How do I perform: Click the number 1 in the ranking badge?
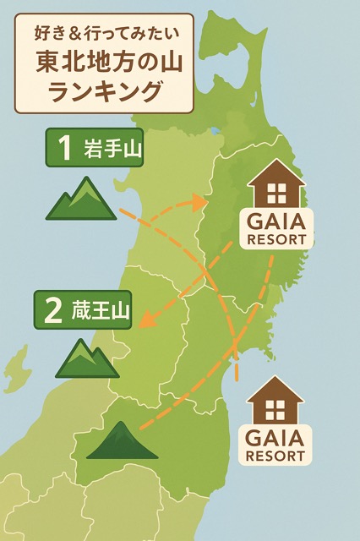[63, 150]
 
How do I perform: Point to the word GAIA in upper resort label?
[279, 222]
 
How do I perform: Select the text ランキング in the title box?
[105, 91]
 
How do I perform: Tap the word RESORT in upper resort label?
[279, 239]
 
